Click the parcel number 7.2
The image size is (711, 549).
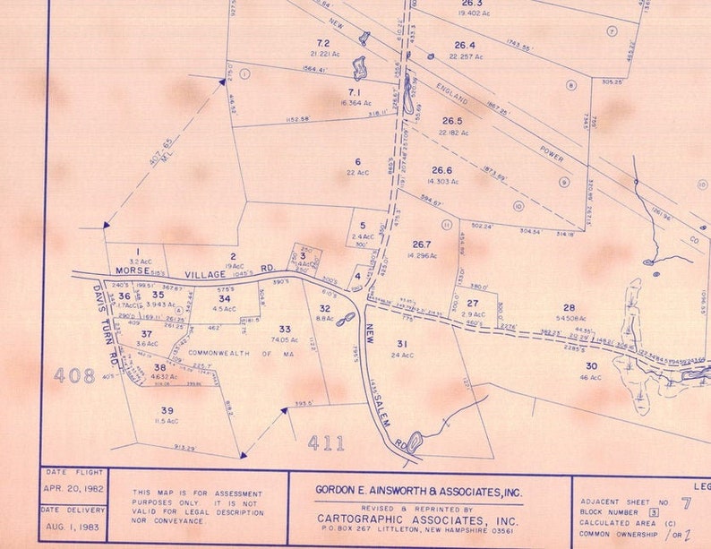click(x=323, y=43)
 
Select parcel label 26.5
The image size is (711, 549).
click(x=452, y=121)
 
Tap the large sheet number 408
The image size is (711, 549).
click(x=74, y=375)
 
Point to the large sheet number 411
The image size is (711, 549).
click(x=326, y=442)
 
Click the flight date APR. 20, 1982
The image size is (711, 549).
click(x=74, y=489)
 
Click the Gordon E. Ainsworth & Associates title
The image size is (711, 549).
click(x=418, y=491)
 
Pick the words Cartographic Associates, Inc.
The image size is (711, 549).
click(x=417, y=519)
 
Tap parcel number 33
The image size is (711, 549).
click(x=285, y=329)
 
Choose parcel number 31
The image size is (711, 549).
click(x=402, y=344)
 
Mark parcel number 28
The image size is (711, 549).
click(x=569, y=307)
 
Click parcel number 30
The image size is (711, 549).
click(x=591, y=365)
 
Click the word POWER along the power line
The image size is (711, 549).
click(x=552, y=155)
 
